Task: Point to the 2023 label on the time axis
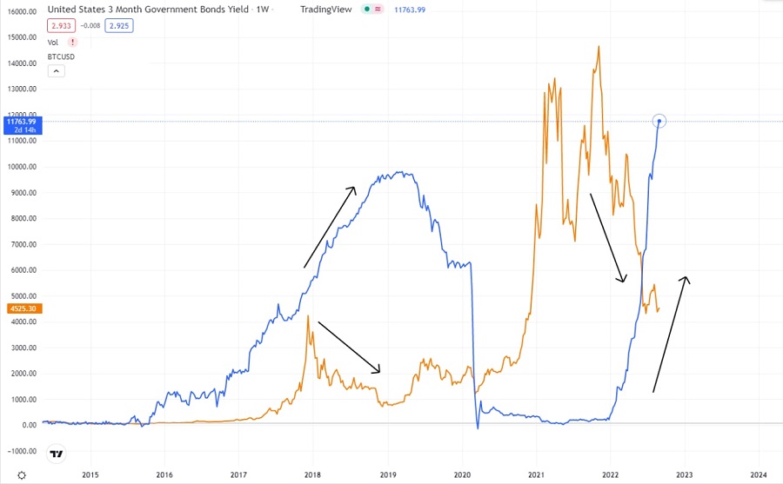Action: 684,474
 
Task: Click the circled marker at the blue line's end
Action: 660,121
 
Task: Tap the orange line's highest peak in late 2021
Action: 599,47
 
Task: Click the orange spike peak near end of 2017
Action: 308,316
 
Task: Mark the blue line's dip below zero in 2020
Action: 478,427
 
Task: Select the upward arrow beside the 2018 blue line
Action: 330,226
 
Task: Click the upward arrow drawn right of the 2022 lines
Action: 671,334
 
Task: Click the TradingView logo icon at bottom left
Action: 57,454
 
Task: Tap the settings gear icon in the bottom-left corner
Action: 22,475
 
